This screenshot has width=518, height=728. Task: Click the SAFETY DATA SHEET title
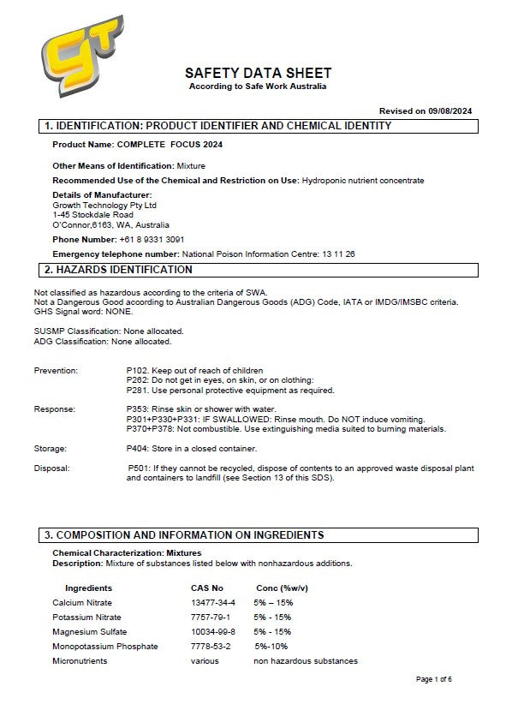(258, 74)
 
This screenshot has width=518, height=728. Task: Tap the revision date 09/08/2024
(452, 110)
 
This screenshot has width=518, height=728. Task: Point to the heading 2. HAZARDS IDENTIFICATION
(118, 270)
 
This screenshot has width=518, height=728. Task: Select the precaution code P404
(137, 448)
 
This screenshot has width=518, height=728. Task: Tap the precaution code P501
(139, 468)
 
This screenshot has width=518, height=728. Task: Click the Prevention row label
(56, 371)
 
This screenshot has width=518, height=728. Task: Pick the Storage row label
(51, 448)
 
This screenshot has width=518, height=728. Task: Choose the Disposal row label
(51, 468)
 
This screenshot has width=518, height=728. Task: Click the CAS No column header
(206, 588)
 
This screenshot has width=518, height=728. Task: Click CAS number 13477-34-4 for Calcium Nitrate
(212, 603)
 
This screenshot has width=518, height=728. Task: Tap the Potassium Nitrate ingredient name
(86, 618)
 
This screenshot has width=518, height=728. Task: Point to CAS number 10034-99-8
(212, 632)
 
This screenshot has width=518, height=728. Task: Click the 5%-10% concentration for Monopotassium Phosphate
(271, 647)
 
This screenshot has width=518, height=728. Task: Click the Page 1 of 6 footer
(433, 679)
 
